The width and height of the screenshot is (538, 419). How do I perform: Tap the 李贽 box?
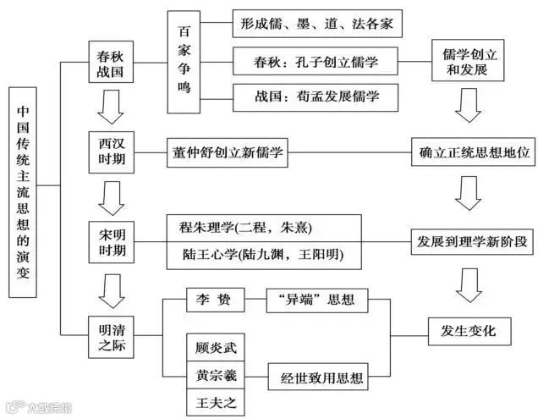click(x=213, y=299)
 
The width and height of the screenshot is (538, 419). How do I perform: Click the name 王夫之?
click(x=213, y=399)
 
